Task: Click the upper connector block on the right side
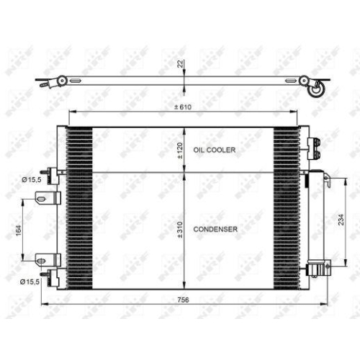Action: [x=313, y=147]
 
